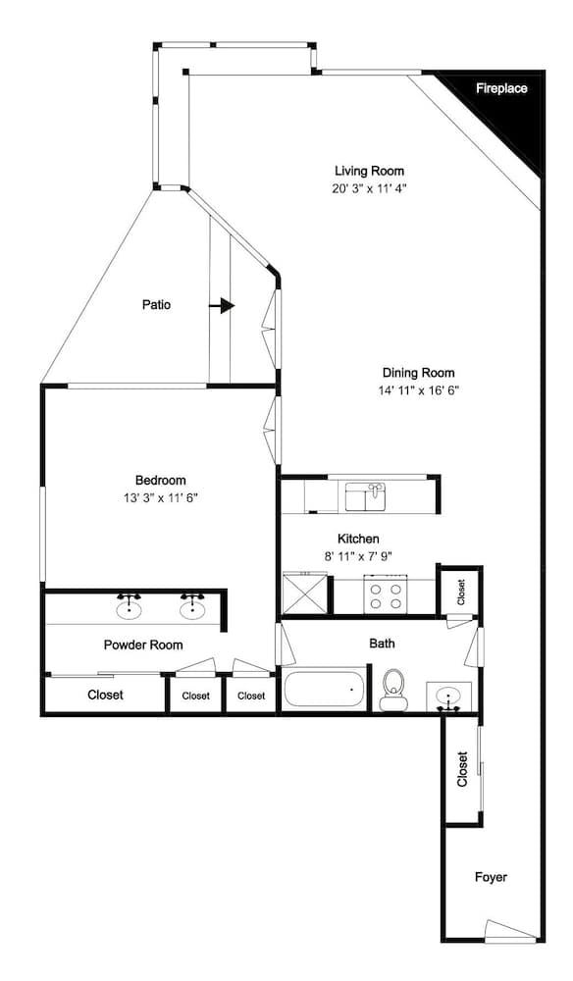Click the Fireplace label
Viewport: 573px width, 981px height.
click(501, 88)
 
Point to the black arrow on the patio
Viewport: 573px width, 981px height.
click(222, 305)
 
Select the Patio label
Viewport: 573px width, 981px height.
click(156, 305)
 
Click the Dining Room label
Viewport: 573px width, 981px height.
click(419, 373)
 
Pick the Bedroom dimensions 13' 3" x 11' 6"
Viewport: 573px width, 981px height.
click(161, 498)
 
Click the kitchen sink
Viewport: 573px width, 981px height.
click(366, 496)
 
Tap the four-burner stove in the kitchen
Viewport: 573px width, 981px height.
click(386, 595)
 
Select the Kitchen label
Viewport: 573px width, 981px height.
click(358, 539)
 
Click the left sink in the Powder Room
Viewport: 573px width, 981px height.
click(129, 606)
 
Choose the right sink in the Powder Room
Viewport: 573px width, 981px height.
click(192, 606)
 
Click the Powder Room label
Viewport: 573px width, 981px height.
click(143, 645)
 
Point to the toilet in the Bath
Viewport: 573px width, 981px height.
click(392, 690)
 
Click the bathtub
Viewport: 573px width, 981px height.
click(324, 690)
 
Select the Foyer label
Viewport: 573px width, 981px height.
click(491, 877)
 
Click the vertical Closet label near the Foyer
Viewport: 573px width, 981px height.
click(462, 769)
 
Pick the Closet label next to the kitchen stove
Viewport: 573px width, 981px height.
click(461, 592)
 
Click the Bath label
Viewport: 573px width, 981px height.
click(383, 644)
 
